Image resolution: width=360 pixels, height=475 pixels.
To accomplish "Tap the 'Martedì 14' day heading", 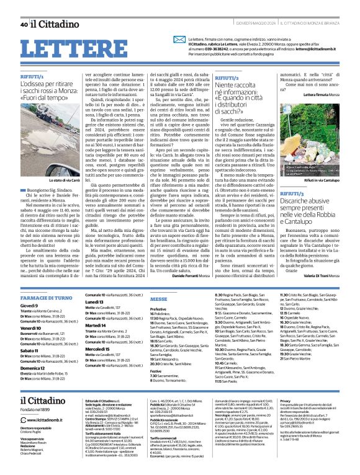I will [x=78, y=342].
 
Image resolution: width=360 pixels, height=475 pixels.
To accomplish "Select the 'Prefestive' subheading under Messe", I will [x=142, y=308].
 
